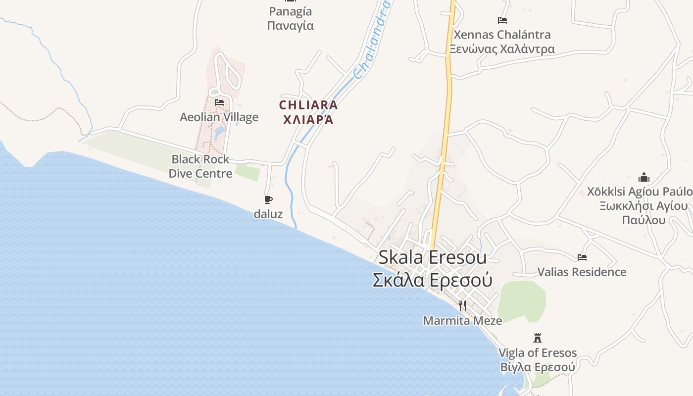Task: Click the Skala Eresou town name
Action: click(x=432, y=257)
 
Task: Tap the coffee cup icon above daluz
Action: click(x=268, y=200)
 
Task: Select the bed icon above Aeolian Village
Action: click(x=219, y=102)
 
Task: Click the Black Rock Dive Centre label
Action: click(x=200, y=166)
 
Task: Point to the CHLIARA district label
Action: click(x=308, y=105)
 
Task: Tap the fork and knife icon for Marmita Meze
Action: click(x=462, y=305)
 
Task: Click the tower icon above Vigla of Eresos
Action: click(x=537, y=338)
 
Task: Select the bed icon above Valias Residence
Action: click(x=582, y=257)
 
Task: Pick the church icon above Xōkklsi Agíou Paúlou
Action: click(x=644, y=177)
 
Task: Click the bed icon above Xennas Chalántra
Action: click(x=502, y=20)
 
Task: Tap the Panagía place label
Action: click(x=291, y=11)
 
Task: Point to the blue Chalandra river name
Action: click(x=372, y=40)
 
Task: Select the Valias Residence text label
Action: click(x=582, y=272)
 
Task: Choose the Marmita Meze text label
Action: click(x=462, y=321)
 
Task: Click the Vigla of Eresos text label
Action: click(x=537, y=353)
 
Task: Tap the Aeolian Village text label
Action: click(x=219, y=117)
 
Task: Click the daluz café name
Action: click(x=268, y=214)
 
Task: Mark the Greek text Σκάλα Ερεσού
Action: click(x=432, y=280)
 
